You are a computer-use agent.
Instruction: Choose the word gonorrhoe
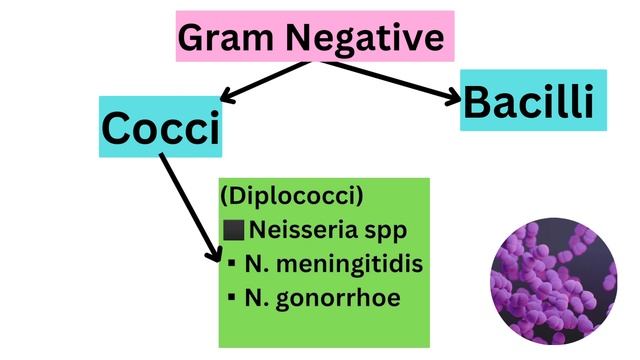tap(345, 297)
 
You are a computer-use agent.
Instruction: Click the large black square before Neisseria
tap(234, 231)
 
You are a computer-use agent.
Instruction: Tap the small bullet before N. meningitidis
tap(231, 264)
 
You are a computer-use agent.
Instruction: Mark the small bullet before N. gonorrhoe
tap(231, 297)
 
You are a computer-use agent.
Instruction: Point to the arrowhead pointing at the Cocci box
tap(227, 97)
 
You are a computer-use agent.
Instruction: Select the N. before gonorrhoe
tap(255, 297)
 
